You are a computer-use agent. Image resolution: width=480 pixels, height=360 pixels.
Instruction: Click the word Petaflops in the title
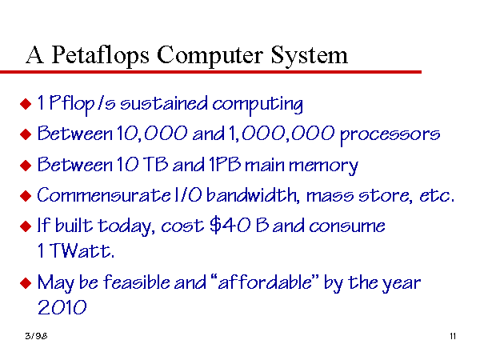[101, 55]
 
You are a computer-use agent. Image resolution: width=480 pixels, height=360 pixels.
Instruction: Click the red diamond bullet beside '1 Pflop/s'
[26, 104]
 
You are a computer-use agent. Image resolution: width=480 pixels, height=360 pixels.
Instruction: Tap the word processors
[390, 134]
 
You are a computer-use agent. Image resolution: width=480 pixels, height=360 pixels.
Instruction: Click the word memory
[323, 166]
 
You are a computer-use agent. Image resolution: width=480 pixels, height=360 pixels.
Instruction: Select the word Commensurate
[104, 194]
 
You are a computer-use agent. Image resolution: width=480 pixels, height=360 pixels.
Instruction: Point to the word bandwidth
[253, 194]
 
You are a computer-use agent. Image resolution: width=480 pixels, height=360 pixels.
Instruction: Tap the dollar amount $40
[230, 226]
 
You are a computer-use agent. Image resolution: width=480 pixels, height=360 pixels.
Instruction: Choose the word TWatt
[82, 251]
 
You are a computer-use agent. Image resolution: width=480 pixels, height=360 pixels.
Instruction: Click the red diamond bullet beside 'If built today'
[26, 226]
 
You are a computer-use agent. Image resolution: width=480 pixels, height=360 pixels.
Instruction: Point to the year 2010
[62, 307]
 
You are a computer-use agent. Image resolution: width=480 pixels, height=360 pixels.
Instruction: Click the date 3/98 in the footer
[36, 336]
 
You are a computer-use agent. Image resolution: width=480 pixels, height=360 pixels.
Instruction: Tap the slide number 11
[453, 336]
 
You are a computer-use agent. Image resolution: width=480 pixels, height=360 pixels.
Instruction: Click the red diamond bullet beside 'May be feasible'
[26, 283]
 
